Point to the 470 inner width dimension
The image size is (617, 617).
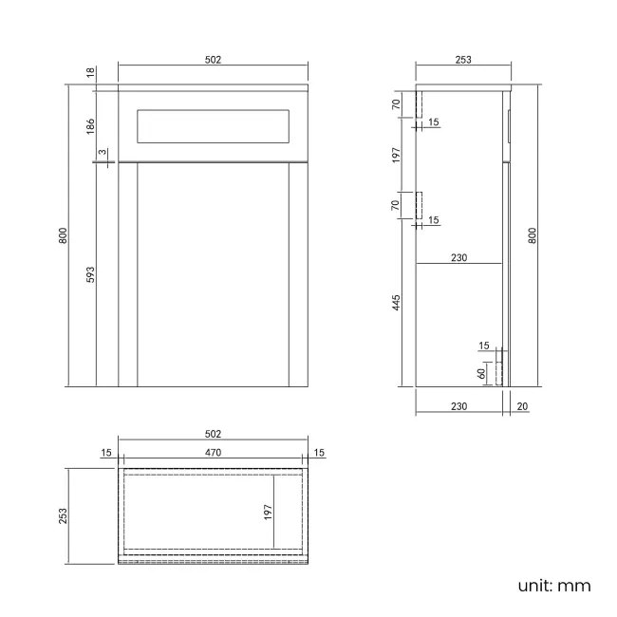213,453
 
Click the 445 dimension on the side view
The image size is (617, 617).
397,303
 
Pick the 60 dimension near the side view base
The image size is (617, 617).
483,372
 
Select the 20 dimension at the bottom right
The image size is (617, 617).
521,406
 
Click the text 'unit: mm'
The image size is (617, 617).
554,586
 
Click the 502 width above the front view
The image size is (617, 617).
213,60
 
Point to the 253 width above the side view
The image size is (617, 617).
463,60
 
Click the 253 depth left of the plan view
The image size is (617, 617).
64,514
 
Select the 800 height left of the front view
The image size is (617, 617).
64,235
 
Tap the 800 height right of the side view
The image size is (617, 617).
533,235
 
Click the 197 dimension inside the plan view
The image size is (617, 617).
269,512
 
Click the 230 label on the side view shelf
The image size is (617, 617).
458,256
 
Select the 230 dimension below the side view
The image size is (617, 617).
458,406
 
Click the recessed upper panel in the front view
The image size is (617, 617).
213,125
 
